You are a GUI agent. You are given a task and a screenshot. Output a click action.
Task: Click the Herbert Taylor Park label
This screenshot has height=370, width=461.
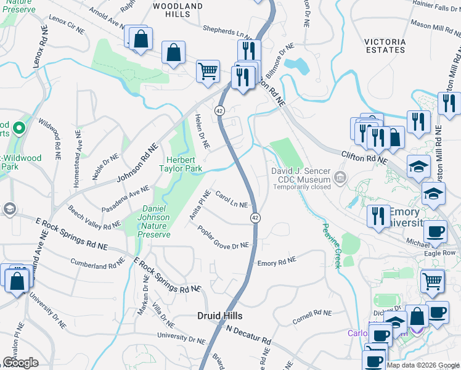(181, 163)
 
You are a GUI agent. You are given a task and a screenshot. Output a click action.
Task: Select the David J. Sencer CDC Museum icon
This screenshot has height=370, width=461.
(339, 178)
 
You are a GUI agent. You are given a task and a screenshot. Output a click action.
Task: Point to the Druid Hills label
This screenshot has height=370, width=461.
(220, 315)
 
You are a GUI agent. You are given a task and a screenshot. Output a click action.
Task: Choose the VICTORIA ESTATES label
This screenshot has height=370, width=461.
(385, 46)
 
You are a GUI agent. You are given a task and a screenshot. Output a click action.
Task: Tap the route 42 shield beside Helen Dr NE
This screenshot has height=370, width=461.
(219, 110)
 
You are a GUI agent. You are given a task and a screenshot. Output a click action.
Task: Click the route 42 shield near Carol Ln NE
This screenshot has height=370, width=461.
(254, 218)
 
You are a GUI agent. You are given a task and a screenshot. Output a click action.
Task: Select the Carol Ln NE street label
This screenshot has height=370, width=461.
(232, 199)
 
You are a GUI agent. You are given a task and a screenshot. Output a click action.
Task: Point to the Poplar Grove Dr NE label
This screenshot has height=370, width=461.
(223, 237)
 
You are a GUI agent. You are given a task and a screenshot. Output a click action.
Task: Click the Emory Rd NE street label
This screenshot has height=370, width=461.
(277, 261)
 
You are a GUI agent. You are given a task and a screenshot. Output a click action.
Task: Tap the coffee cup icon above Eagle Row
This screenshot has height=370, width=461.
(435, 232)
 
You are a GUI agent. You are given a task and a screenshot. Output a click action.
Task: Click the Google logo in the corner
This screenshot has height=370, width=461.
(20, 363)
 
